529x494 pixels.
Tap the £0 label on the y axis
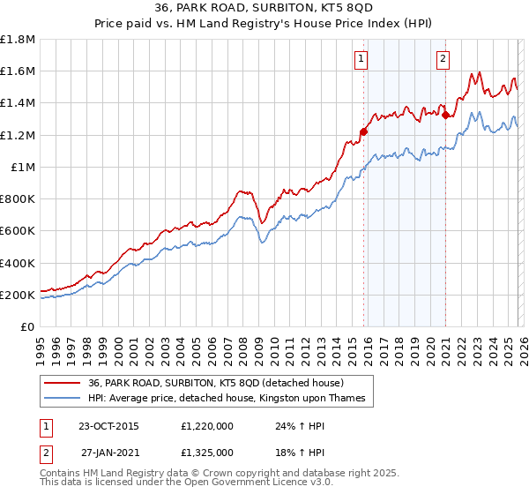pos(27,327)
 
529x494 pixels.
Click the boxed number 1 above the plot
pos(362,59)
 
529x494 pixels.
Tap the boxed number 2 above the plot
pos(443,59)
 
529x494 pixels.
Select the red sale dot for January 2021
pos(446,115)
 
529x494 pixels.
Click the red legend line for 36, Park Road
pos(61,383)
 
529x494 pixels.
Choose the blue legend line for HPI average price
pos(61,399)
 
